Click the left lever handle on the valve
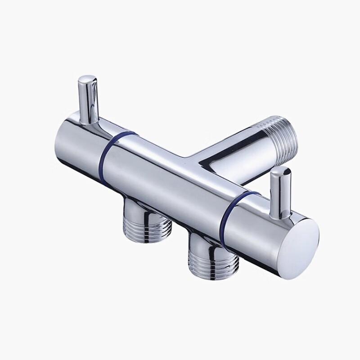pyautogui.click(x=88, y=99)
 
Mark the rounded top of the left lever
pyautogui.click(x=87, y=81)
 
